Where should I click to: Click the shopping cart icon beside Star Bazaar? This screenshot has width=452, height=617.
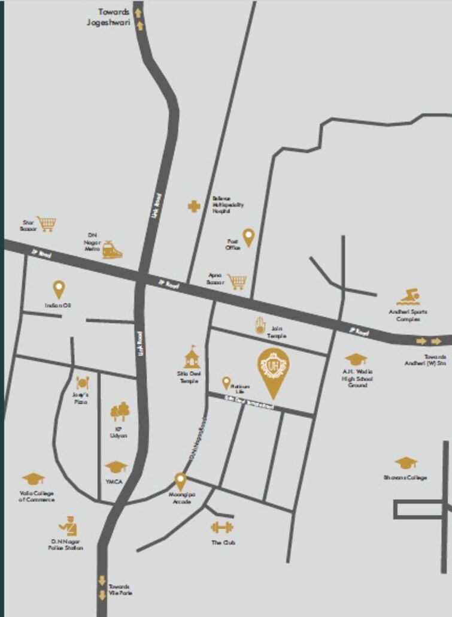[x=46, y=224]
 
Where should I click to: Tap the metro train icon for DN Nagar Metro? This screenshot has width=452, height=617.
[x=111, y=250]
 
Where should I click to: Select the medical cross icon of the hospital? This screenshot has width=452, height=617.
[x=194, y=207]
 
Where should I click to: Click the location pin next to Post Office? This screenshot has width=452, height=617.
[x=248, y=237]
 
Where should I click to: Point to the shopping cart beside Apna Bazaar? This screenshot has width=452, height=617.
[x=237, y=280]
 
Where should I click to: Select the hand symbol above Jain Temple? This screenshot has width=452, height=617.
[x=260, y=324]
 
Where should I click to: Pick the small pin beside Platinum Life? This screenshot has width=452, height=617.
[x=226, y=383]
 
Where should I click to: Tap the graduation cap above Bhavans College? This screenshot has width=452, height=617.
[x=405, y=462]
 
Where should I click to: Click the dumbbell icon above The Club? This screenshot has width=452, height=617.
[x=222, y=528]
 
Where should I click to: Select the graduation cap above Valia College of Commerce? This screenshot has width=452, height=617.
[x=33, y=478]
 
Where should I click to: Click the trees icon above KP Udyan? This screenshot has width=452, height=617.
[x=120, y=412]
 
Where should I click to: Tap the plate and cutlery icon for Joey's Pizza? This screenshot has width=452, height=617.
[x=83, y=383]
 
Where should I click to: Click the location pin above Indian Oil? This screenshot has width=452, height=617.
[x=59, y=290]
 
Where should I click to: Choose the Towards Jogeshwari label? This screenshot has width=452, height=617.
[x=114, y=17]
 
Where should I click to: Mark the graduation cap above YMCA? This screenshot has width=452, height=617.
[x=116, y=466]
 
